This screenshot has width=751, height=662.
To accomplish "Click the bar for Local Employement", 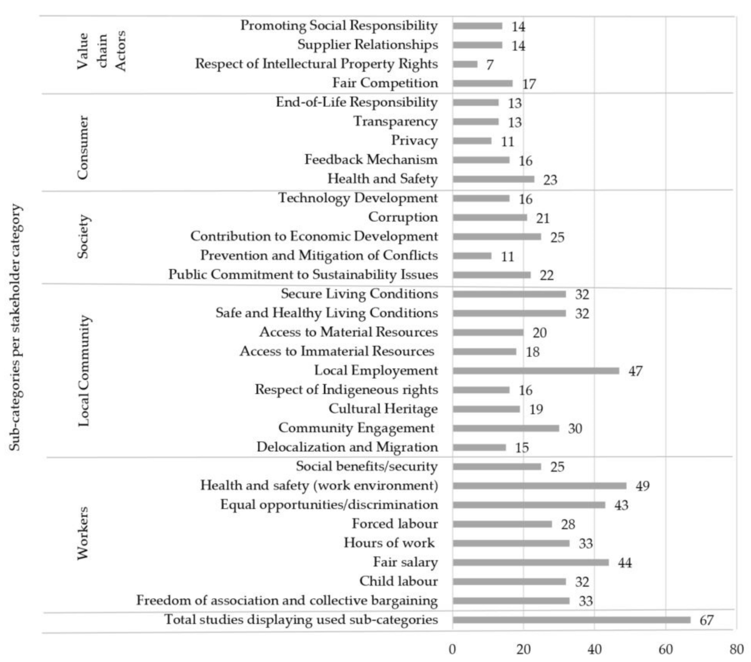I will pos(536,371).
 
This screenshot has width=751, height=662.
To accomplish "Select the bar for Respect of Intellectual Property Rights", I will pos(465,64).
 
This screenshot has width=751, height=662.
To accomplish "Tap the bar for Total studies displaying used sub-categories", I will pos(571,620).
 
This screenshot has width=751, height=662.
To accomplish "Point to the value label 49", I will pos(642,486).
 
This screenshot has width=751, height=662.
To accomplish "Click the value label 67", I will pos(706,620).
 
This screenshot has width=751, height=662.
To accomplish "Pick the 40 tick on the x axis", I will pos(594,649).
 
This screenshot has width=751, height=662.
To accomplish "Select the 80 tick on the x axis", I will pos(736,649).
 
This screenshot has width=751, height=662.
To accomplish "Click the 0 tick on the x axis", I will pos(452,649).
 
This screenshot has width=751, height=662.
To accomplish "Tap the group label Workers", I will pos(83,533).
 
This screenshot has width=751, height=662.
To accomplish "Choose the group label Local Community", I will pos(84,371).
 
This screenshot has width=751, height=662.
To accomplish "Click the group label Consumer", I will pos(83,148).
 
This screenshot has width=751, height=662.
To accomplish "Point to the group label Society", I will pos(83,236).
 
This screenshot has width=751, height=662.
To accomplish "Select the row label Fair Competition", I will pos(385,83).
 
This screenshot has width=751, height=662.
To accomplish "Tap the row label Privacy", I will pos(414,140).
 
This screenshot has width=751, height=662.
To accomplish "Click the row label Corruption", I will pos(403,217).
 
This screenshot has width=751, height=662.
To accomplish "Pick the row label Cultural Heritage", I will pos(383,409).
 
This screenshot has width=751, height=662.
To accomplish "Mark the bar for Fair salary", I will pos(531,562).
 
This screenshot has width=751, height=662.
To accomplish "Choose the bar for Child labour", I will pos(509,581).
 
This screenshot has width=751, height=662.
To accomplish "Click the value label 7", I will pos(490,65).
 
